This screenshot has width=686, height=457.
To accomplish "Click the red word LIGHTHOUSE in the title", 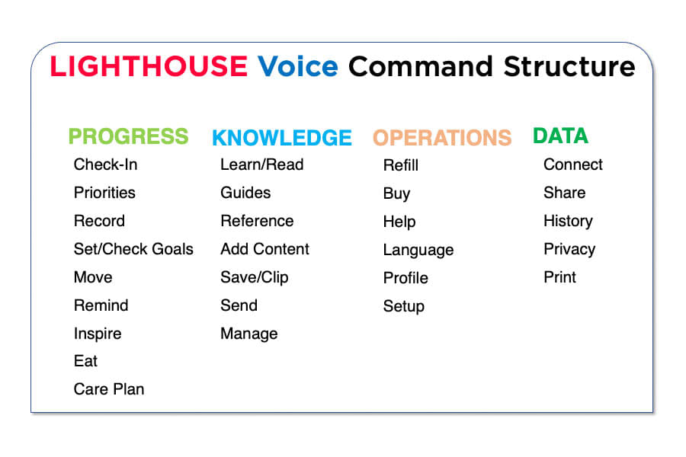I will point(149,67).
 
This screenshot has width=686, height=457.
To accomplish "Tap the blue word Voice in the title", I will point(298,67).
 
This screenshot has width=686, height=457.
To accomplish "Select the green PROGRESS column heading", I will point(128,136).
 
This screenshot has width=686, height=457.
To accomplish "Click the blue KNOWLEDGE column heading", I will point(282,138).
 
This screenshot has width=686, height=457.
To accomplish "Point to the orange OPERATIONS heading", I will point(442,138).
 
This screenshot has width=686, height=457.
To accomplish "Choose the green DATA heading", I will point(560,136).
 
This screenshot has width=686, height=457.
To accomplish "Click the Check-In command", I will point(106,165).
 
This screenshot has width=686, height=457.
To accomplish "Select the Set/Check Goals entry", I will point(133,249).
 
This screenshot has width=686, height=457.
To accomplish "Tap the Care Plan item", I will point(109,389).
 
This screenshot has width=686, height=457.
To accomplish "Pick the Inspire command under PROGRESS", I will point(98,334).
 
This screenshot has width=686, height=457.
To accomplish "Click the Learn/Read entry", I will point(261,165).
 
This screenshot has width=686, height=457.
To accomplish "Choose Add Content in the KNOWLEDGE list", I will point(264,249).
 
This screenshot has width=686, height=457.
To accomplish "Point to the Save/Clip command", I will point(255,277).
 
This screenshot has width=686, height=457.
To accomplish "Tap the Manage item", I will point(249,334).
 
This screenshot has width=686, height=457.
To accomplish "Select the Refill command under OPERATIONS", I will point(401,165).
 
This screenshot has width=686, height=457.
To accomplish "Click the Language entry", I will point(418,250).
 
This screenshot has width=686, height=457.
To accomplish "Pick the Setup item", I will point(404,306).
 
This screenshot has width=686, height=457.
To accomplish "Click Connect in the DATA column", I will point(573,165).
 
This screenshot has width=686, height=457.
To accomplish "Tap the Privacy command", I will point(569,249).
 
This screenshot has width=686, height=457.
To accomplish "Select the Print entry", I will point(560,277).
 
